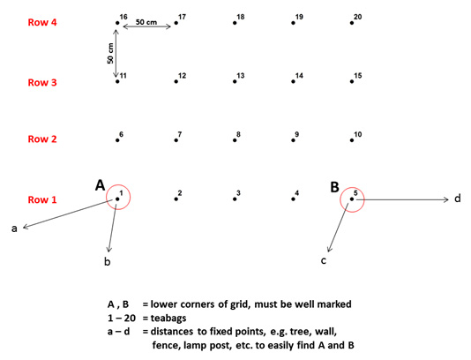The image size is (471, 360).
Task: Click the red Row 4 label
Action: tap(42, 22)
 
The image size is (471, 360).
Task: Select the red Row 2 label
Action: tap(42, 139)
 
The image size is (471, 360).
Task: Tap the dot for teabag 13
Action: tap(235, 81)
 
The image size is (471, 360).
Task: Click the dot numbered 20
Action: tap(352, 23)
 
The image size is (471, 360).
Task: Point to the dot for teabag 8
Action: tap(235, 140)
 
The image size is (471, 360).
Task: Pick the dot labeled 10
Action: tap(352, 140)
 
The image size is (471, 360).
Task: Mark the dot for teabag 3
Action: tap(235, 199)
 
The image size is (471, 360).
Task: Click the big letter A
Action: tap(100, 185)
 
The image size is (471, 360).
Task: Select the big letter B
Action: tap(334, 187)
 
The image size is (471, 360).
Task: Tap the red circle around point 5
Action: tap(352, 188)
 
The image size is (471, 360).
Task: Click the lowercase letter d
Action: tap(457, 199)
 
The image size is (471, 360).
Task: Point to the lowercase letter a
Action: tap(14, 229)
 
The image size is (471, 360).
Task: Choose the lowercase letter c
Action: tap(323, 260)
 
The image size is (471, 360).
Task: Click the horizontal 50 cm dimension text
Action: tap(146, 22)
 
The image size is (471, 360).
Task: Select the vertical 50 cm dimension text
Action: tap(110, 53)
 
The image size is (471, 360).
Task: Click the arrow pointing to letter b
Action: tap(112, 227)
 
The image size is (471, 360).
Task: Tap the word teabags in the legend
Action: tap(168, 318)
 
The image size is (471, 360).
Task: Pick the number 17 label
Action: tap(182, 17)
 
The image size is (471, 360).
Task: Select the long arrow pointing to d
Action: tap(402, 199)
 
